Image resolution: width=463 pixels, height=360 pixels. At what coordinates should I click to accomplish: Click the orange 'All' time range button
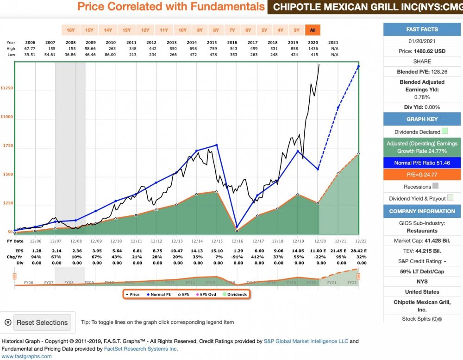tap(313, 30)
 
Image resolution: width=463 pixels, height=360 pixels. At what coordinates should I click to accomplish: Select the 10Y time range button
tap(182, 30)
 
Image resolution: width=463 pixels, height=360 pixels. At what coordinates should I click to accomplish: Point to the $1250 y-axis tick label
tap(7, 88)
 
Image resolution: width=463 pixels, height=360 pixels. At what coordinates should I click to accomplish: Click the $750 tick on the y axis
tap(7, 145)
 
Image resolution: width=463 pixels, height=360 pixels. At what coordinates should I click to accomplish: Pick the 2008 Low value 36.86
tap(70, 55)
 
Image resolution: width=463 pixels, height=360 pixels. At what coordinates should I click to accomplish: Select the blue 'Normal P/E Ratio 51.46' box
tap(422, 163)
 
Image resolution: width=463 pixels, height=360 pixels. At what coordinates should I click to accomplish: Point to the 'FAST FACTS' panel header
tap(422, 29)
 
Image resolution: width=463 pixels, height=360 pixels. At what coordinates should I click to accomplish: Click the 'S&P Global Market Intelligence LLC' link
tap(305, 341)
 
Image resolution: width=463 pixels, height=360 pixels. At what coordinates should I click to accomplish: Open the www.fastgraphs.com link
tap(27, 356)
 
